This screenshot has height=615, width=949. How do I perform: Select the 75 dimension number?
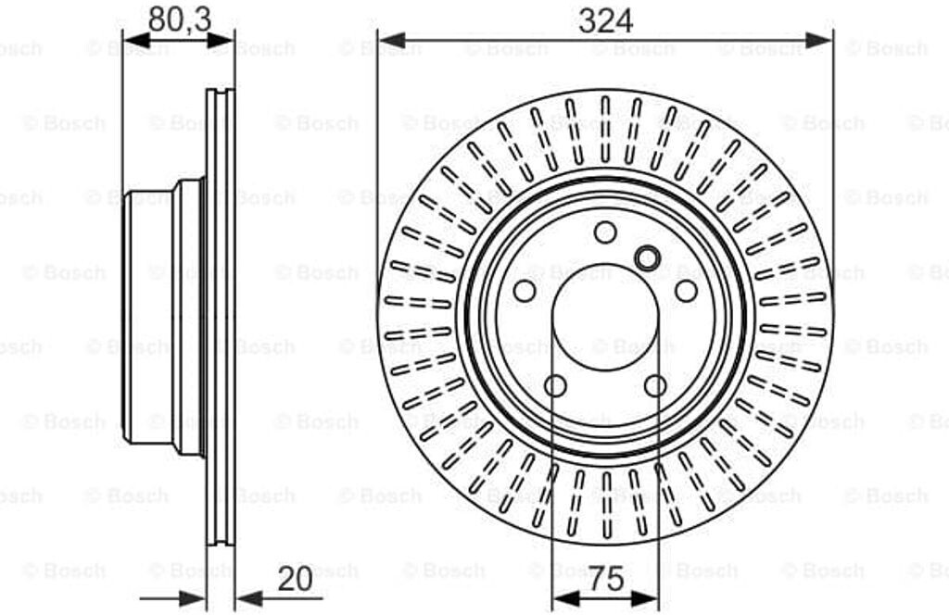[x=606, y=579]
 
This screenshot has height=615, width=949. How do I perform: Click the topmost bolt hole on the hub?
[x=605, y=232]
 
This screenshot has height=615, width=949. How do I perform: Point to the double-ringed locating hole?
[x=647, y=258]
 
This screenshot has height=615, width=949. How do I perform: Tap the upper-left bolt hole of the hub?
[x=525, y=291]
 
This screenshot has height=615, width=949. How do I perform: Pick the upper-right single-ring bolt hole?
[x=686, y=291]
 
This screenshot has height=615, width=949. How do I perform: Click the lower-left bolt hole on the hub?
[x=556, y=385]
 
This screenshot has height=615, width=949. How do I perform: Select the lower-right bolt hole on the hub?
[x=655, y=385]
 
